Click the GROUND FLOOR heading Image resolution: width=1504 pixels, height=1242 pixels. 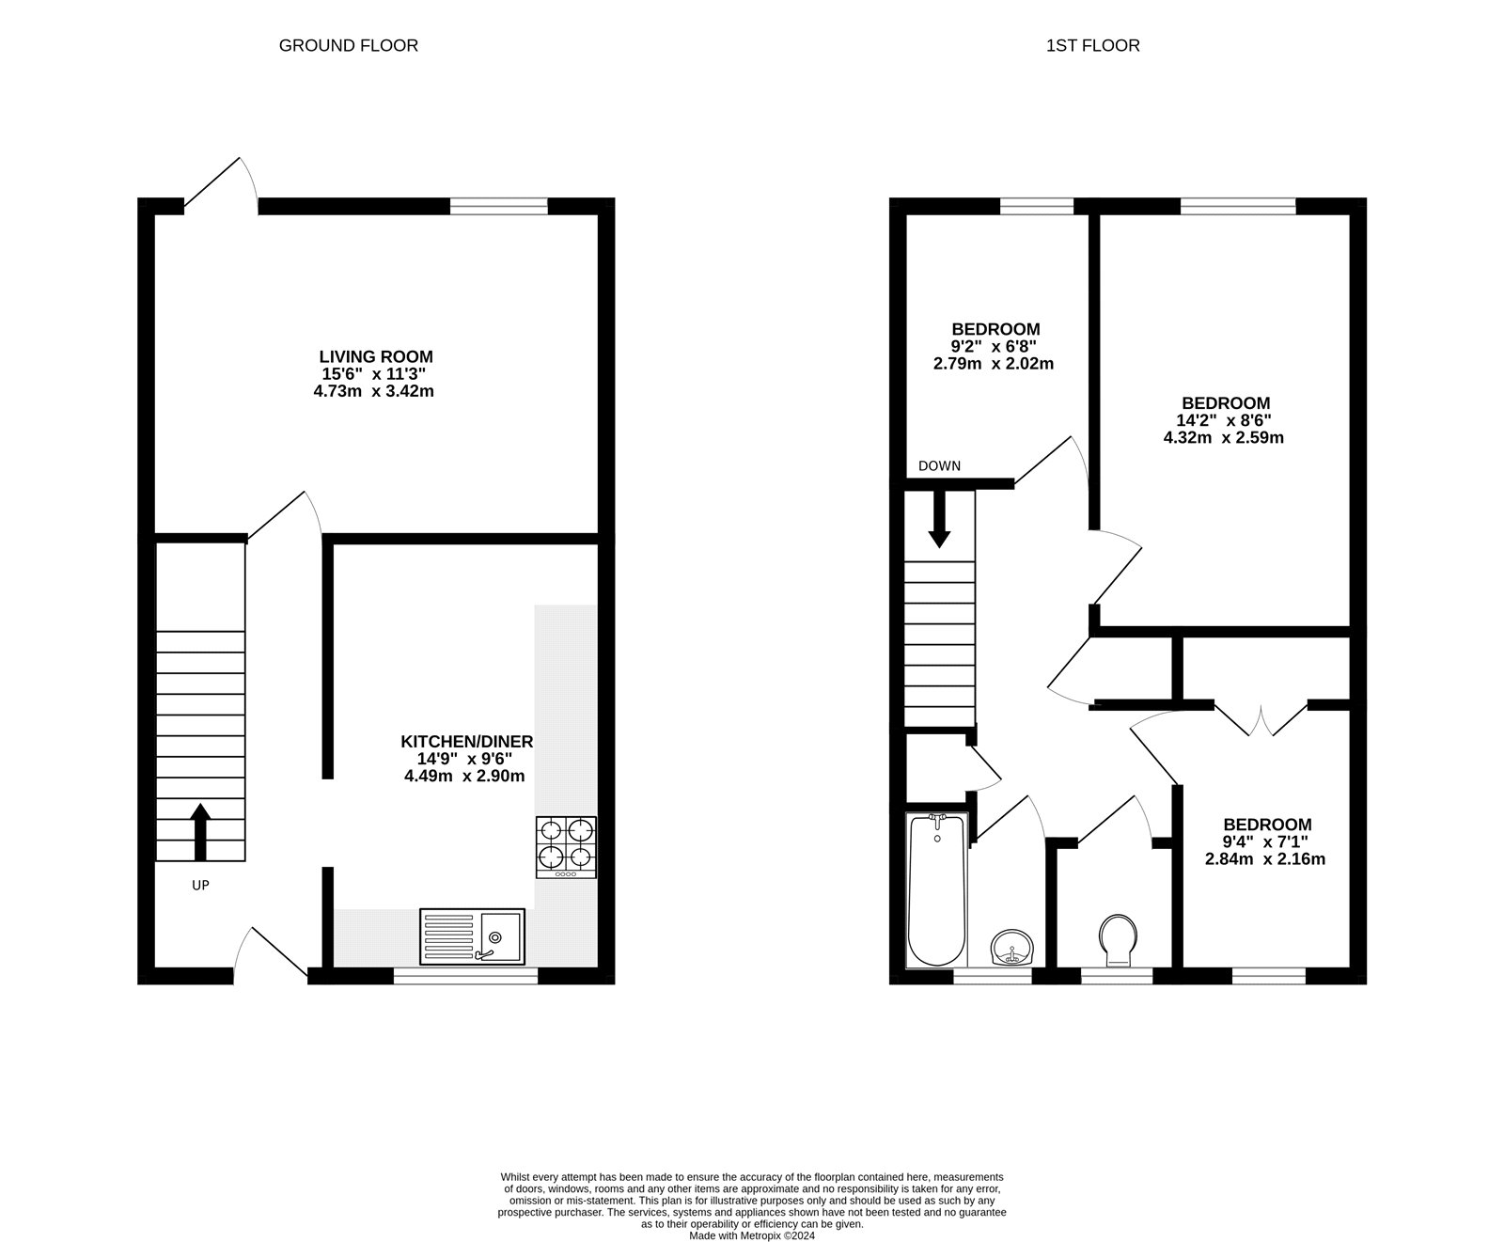coord(349,45)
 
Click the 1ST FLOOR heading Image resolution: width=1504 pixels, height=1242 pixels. coord(1093,45)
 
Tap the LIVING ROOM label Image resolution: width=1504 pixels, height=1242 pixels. coord(376,357)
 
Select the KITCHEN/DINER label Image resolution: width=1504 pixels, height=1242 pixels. coord(467,742)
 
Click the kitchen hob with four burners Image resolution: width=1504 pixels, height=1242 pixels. coord(566,847)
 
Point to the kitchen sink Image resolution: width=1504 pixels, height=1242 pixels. coord(472,936)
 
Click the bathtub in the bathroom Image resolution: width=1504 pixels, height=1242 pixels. coord(936,890)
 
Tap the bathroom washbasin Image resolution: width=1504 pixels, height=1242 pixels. coord(1011,947)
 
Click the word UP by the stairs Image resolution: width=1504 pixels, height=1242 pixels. coord(200,885)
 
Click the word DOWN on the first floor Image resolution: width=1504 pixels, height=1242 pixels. coord(940,466)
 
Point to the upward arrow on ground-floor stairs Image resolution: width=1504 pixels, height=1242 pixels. coord(200,832)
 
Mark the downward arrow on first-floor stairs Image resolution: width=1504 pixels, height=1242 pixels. coord(939,519)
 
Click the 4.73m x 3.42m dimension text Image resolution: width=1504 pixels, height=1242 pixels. coord(374,391)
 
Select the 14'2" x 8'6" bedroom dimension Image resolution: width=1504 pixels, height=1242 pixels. coord(1224,420)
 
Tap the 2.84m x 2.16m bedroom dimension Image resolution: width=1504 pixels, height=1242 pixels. coord(1265,858)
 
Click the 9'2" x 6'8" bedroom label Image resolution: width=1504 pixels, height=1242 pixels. coord(996,346)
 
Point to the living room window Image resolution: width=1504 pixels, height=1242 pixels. coord(499,207)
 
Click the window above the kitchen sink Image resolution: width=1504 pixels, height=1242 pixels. coord(465,976)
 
